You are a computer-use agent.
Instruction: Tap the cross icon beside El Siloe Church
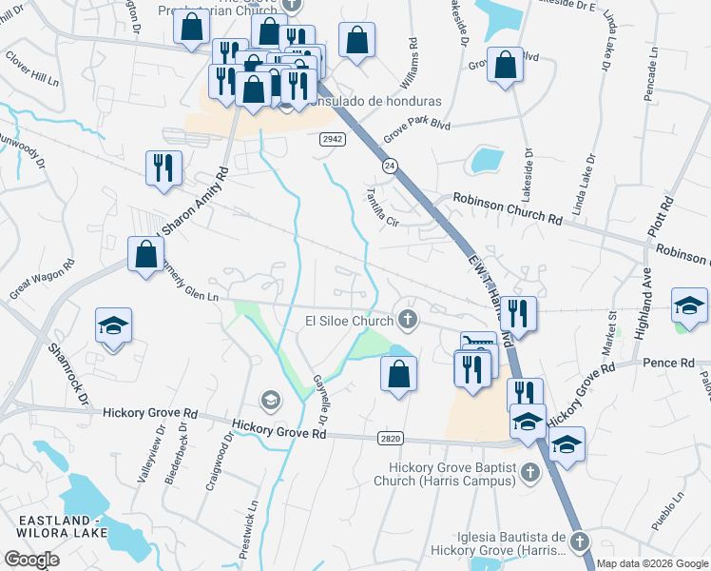point(409,319)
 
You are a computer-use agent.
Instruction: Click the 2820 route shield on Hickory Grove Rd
point(390,438)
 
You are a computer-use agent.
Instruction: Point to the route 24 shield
point(390,166)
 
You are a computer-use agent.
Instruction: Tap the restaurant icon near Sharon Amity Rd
point(163,167)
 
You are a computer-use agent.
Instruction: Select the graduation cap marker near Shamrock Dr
point(113,325)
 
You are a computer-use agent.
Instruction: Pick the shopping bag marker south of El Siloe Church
point(398,373)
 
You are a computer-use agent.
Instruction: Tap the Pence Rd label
point(669,363)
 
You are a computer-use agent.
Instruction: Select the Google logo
point(32,560)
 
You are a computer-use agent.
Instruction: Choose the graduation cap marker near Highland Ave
point(688,304)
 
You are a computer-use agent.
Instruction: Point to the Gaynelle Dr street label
point(320,399)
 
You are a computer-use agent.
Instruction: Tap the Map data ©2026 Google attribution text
point(651,563)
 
